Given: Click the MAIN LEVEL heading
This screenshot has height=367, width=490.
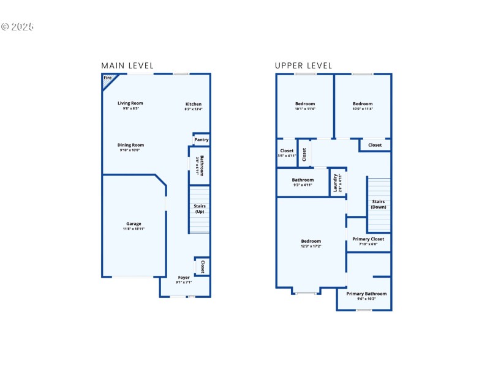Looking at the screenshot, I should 127,65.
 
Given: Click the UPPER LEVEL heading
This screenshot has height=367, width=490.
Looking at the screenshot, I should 303,65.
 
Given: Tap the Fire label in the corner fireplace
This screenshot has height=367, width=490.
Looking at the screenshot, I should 108,78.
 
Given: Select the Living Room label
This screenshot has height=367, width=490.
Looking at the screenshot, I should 130,103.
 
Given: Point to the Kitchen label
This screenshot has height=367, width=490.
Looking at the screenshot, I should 194,104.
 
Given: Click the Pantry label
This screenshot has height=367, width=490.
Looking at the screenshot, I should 202,139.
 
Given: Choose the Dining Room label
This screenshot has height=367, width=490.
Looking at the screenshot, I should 130,145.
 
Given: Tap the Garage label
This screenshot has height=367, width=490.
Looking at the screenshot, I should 134,224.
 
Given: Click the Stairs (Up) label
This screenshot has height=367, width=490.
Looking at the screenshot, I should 200,209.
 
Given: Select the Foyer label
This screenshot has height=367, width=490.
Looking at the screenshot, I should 184,278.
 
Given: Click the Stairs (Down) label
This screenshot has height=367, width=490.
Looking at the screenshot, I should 379,204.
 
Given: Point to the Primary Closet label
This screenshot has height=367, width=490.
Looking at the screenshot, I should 368,239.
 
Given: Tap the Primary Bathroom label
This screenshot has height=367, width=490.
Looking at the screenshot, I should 366,294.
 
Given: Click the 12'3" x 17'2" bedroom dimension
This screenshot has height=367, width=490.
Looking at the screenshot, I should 311,246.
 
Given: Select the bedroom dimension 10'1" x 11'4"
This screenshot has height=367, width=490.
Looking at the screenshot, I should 305,109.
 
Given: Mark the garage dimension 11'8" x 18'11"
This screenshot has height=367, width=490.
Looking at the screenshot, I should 134,229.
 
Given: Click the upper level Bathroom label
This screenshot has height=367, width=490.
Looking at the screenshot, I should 303,180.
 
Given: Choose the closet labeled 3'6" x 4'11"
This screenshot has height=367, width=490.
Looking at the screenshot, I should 287,155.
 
